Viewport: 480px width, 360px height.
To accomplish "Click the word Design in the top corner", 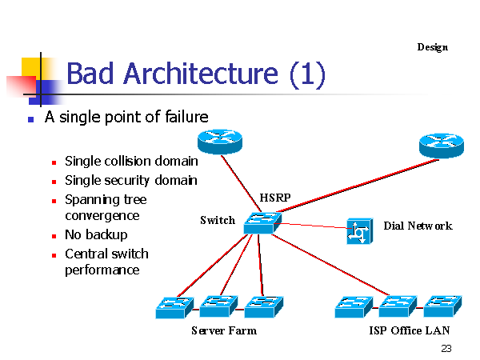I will tap(432, 47).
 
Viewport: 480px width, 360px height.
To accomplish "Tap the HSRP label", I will tap(275, 198).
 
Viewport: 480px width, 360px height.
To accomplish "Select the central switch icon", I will tap(262, 222).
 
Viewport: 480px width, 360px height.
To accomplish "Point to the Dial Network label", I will tap(418, 226).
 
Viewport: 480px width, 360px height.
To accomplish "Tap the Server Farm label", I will tap(224, 330).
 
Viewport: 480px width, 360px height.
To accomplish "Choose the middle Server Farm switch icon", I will tap(218, 306).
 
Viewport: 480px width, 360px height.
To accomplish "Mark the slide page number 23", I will tap(446, 349).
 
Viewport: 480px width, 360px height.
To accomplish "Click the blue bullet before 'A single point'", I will tap(30, 119).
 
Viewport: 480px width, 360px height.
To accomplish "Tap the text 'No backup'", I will tap(96, 234).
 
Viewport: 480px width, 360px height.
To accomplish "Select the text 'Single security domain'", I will tap(130, 180).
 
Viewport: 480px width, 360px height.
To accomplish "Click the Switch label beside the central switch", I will tap(218, 220).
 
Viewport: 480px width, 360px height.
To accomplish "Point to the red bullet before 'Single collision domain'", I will tap(52, 162).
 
